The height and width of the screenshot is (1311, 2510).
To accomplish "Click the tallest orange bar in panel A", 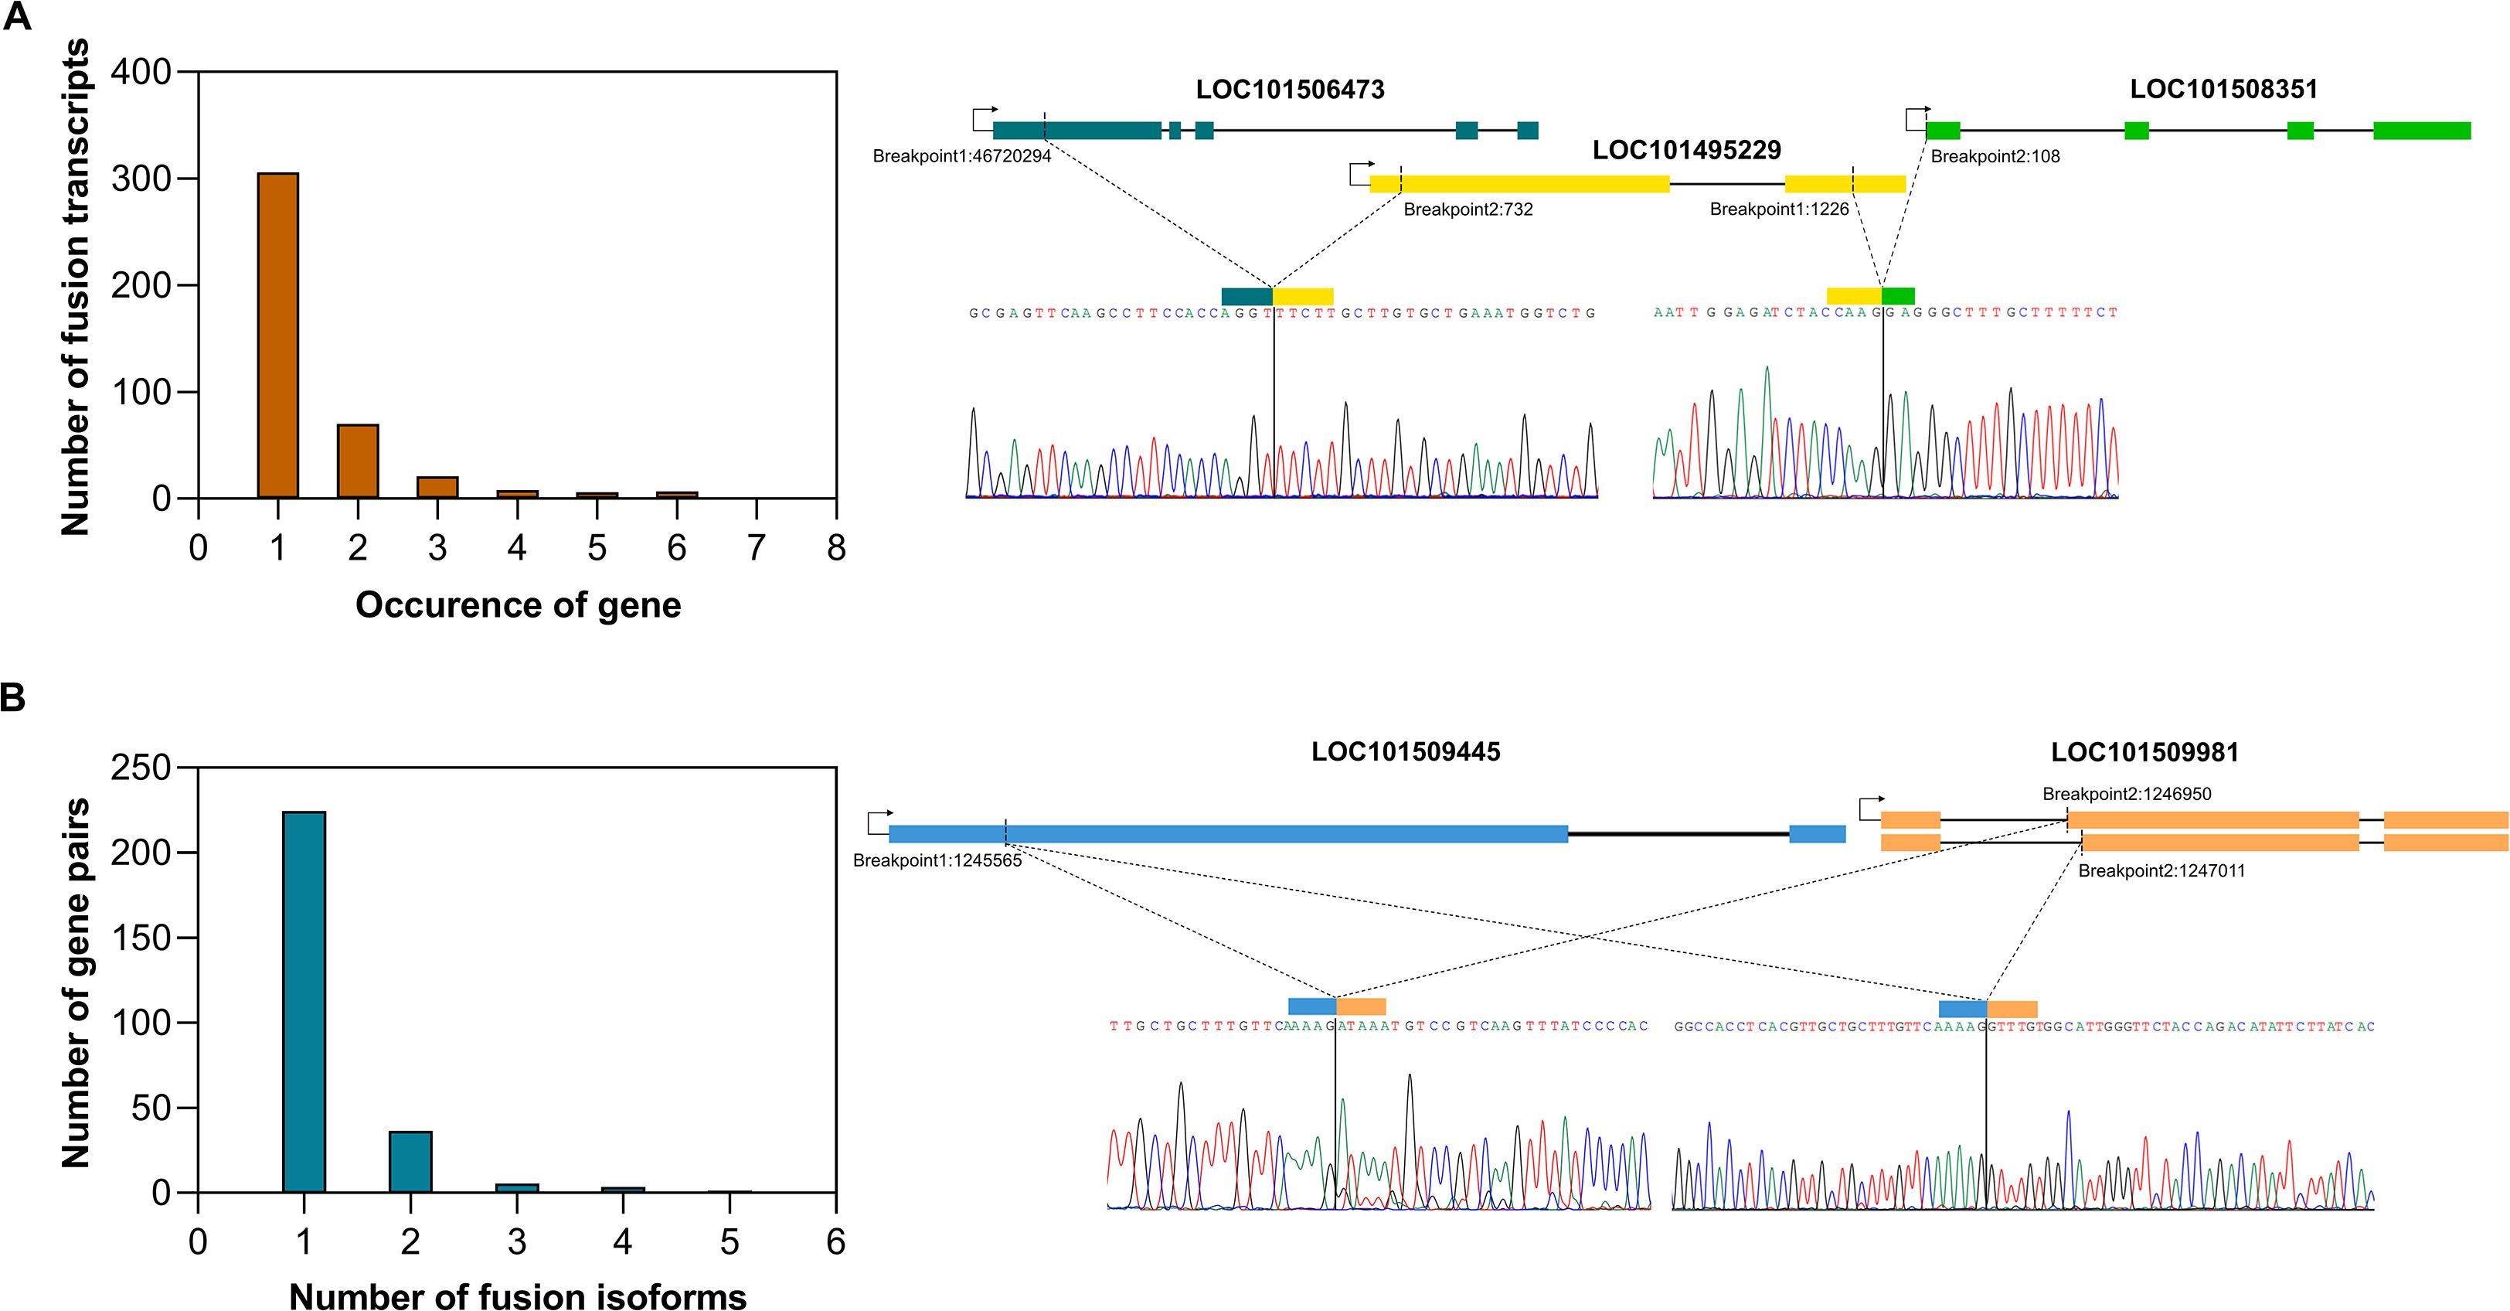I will click(x=277, y=335).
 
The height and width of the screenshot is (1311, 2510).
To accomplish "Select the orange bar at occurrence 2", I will click(x=358, y=461).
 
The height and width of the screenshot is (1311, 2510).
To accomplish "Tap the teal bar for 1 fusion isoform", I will click(x=304, y=1001).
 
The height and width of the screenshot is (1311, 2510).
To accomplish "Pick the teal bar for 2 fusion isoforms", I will click(x=410, y=1161).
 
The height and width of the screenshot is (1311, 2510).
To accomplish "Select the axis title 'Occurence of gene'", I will click(x=518, y=605).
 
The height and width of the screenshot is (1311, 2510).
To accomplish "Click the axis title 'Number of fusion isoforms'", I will click(x=518, y=1296).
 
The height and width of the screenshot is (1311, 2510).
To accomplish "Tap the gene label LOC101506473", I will click(x=1290, y=90).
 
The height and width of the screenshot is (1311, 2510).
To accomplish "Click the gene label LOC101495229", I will click(x=1687, y=150).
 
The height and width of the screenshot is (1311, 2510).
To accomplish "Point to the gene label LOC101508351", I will click(x=2223, y=90).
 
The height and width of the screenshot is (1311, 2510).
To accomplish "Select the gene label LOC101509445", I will click(x=1405, y=751).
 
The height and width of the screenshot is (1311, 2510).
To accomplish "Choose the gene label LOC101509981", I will click(x=2144, y=751).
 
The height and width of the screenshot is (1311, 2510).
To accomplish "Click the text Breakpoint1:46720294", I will click(x=961, y=156).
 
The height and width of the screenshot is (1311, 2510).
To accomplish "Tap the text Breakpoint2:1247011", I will click(x=2161, y=870).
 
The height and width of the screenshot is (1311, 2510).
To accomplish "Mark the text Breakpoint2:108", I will click(x=1995, y=156).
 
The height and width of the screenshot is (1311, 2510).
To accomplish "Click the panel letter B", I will click(x=14, y=698).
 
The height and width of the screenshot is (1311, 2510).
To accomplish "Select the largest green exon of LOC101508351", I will click(x=2421, y=131).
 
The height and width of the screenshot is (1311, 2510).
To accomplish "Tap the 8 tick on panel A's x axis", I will click(x=836, y=549).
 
